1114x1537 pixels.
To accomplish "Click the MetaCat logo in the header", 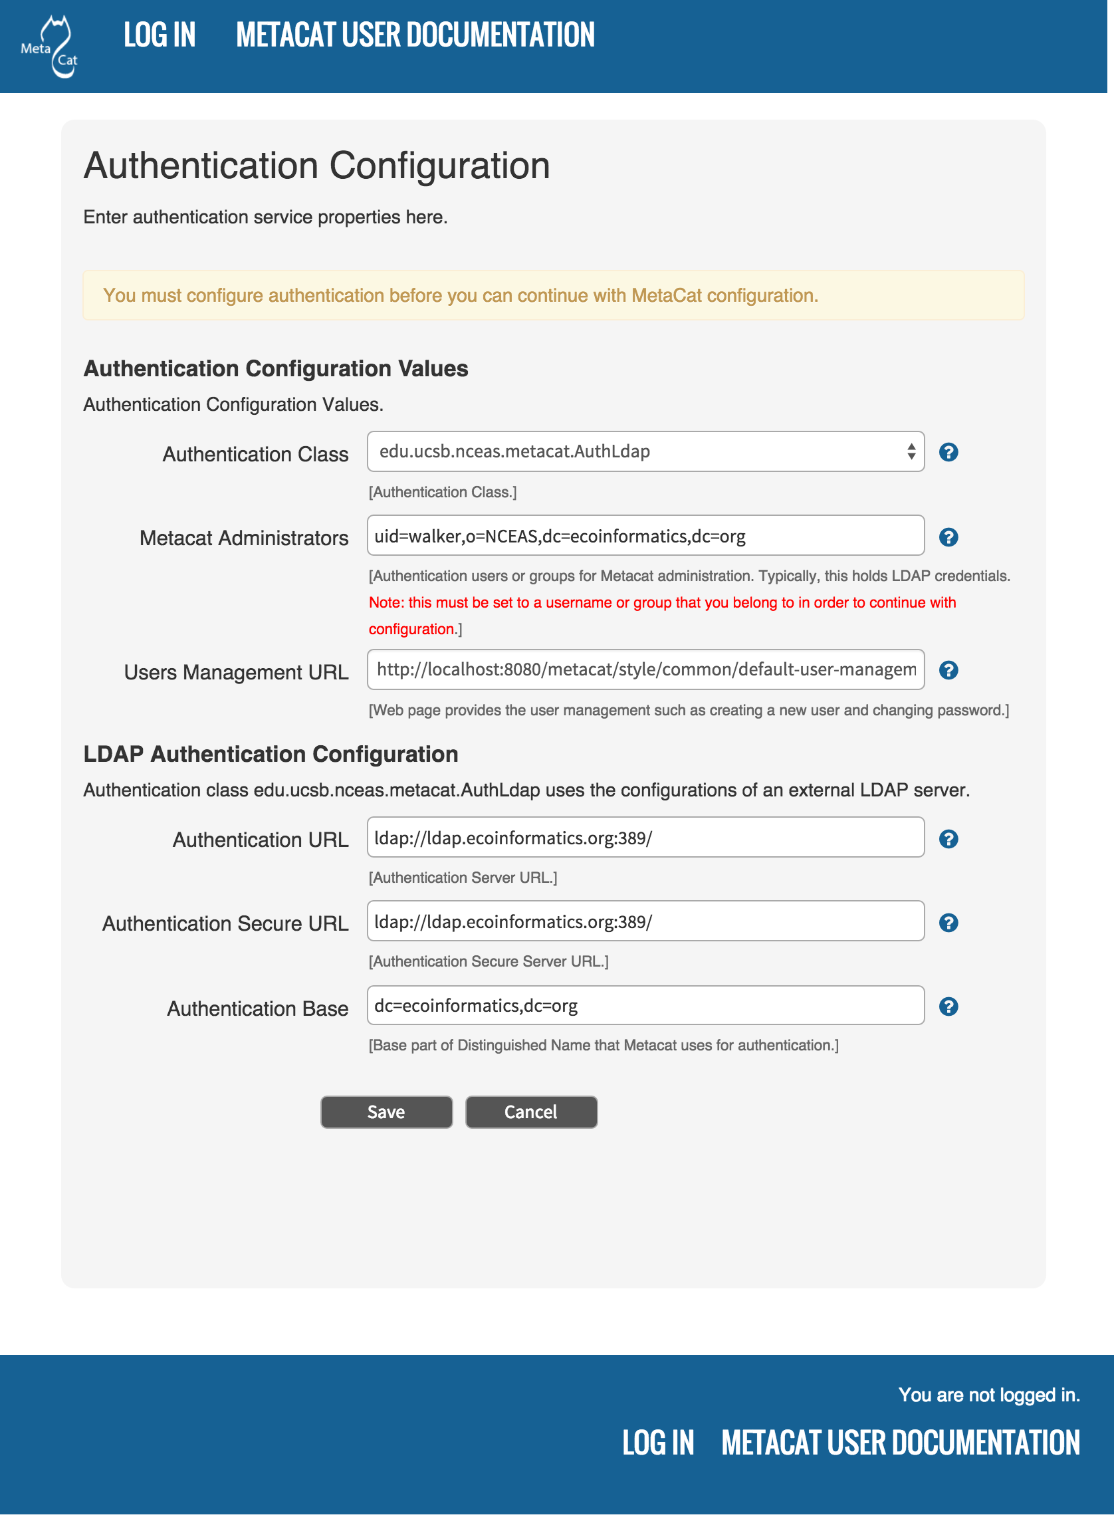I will pyautogui.click(x=50, y=47).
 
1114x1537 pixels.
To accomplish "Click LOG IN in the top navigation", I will pyautogui.click(x=160, y=35).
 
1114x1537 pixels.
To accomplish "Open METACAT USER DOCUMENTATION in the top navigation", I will pyautogui.click(x=415, y=35).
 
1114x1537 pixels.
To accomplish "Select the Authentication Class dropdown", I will pyautogui.click(x=645, y=451).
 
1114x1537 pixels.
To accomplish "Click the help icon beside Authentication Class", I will pyautogui.click(x=948, y=452).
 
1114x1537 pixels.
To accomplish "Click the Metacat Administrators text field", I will pyautogui.click(x=645, y=536).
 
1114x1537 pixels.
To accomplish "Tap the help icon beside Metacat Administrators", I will pyautogui.click(x=948, y=537).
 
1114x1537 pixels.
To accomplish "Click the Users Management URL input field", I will pyautogui.click(x=645, y=669).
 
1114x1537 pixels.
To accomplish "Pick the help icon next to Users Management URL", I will pyautogui.click(x=948, y=670).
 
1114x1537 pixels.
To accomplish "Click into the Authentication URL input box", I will pyautogui.click(x=645, y=838).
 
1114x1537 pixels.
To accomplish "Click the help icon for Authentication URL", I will pyautogui.click(x=948, y=839).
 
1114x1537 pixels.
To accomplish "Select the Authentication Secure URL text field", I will pyautogui.click(x=645, y=921).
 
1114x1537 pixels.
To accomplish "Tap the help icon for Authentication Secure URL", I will pyautogui.click(x=948, y=923).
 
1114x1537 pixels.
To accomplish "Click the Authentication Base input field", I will pyautogui.click(x=645, y=1006).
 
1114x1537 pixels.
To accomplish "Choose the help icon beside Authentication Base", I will pyautogui.click(x=948, y=1007).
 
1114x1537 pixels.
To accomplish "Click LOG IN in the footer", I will pyautogui.click(x=658, y=1443).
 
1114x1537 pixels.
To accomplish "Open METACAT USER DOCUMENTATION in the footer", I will pyautogui.click(x=900, y=1443).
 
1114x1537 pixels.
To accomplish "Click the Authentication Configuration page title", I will pyautogui.click(x=316, y=166).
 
